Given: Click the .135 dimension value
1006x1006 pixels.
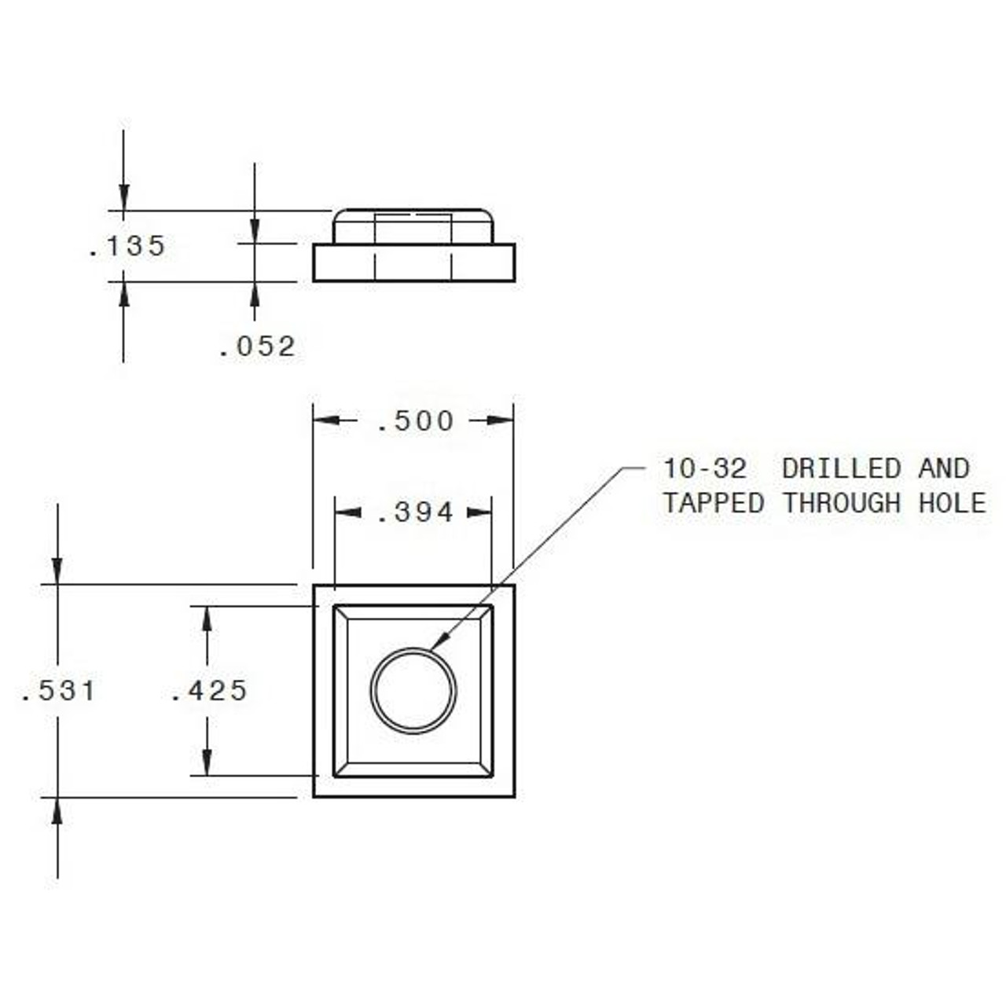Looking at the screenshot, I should coord(127,246).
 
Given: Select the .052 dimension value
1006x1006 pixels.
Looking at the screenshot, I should coord(257,347).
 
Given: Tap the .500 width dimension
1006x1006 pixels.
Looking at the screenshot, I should coord(415,421).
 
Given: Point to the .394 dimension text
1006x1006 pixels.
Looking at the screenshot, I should coord(415,513).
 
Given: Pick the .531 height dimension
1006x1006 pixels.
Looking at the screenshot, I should coord(58,691).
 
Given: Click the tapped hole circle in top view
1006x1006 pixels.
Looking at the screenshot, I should coord(413,690).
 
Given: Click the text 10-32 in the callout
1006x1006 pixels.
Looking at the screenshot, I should coord(704,468).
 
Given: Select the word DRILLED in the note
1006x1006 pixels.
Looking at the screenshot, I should coord(841,468).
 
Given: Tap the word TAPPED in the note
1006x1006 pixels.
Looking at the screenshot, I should coord(713,503).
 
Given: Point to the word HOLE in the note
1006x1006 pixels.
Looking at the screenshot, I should coord(952,503).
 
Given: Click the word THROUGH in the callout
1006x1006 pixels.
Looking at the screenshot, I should coord(841,503).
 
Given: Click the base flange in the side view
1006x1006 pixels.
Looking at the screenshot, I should coord(413,263).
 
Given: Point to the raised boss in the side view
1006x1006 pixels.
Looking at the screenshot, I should coord(413,226).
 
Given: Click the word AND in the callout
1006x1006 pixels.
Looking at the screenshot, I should coord(943,468).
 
